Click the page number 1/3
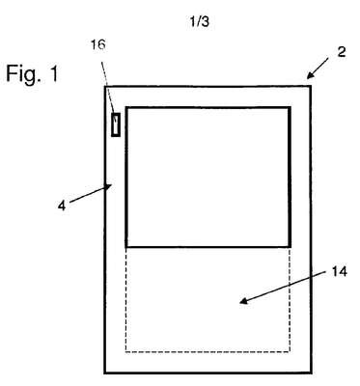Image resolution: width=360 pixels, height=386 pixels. coord(199,21)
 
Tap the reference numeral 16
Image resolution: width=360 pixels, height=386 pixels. coord(97,44)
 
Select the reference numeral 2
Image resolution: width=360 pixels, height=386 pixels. coord(342,52)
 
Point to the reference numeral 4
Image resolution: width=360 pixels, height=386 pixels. coord(62,206)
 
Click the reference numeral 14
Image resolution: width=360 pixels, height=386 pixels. coord(340,272)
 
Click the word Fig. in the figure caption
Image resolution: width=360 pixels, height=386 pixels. coord(21,73)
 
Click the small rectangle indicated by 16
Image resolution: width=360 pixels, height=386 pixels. coord(116,124)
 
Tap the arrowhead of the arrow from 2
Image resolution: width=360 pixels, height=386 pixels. coord(310,75)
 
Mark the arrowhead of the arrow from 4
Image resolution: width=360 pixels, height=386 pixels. coord(109,186)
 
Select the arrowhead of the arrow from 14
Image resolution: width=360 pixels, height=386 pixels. coord(243,301)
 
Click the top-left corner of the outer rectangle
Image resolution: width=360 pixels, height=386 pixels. coord(105,87)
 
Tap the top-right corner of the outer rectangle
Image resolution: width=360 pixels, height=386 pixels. coord(311,86)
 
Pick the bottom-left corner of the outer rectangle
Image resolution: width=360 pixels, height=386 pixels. coord(105,372)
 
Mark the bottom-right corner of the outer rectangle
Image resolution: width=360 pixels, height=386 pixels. coord(311,372)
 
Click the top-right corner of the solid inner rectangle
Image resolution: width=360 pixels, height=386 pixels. coord(290,108)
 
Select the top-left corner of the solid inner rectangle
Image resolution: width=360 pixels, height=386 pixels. coord(127,108)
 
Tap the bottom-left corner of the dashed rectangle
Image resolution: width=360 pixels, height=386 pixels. coord(125,351)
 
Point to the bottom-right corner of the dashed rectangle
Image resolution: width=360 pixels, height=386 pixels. coord(290,351)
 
